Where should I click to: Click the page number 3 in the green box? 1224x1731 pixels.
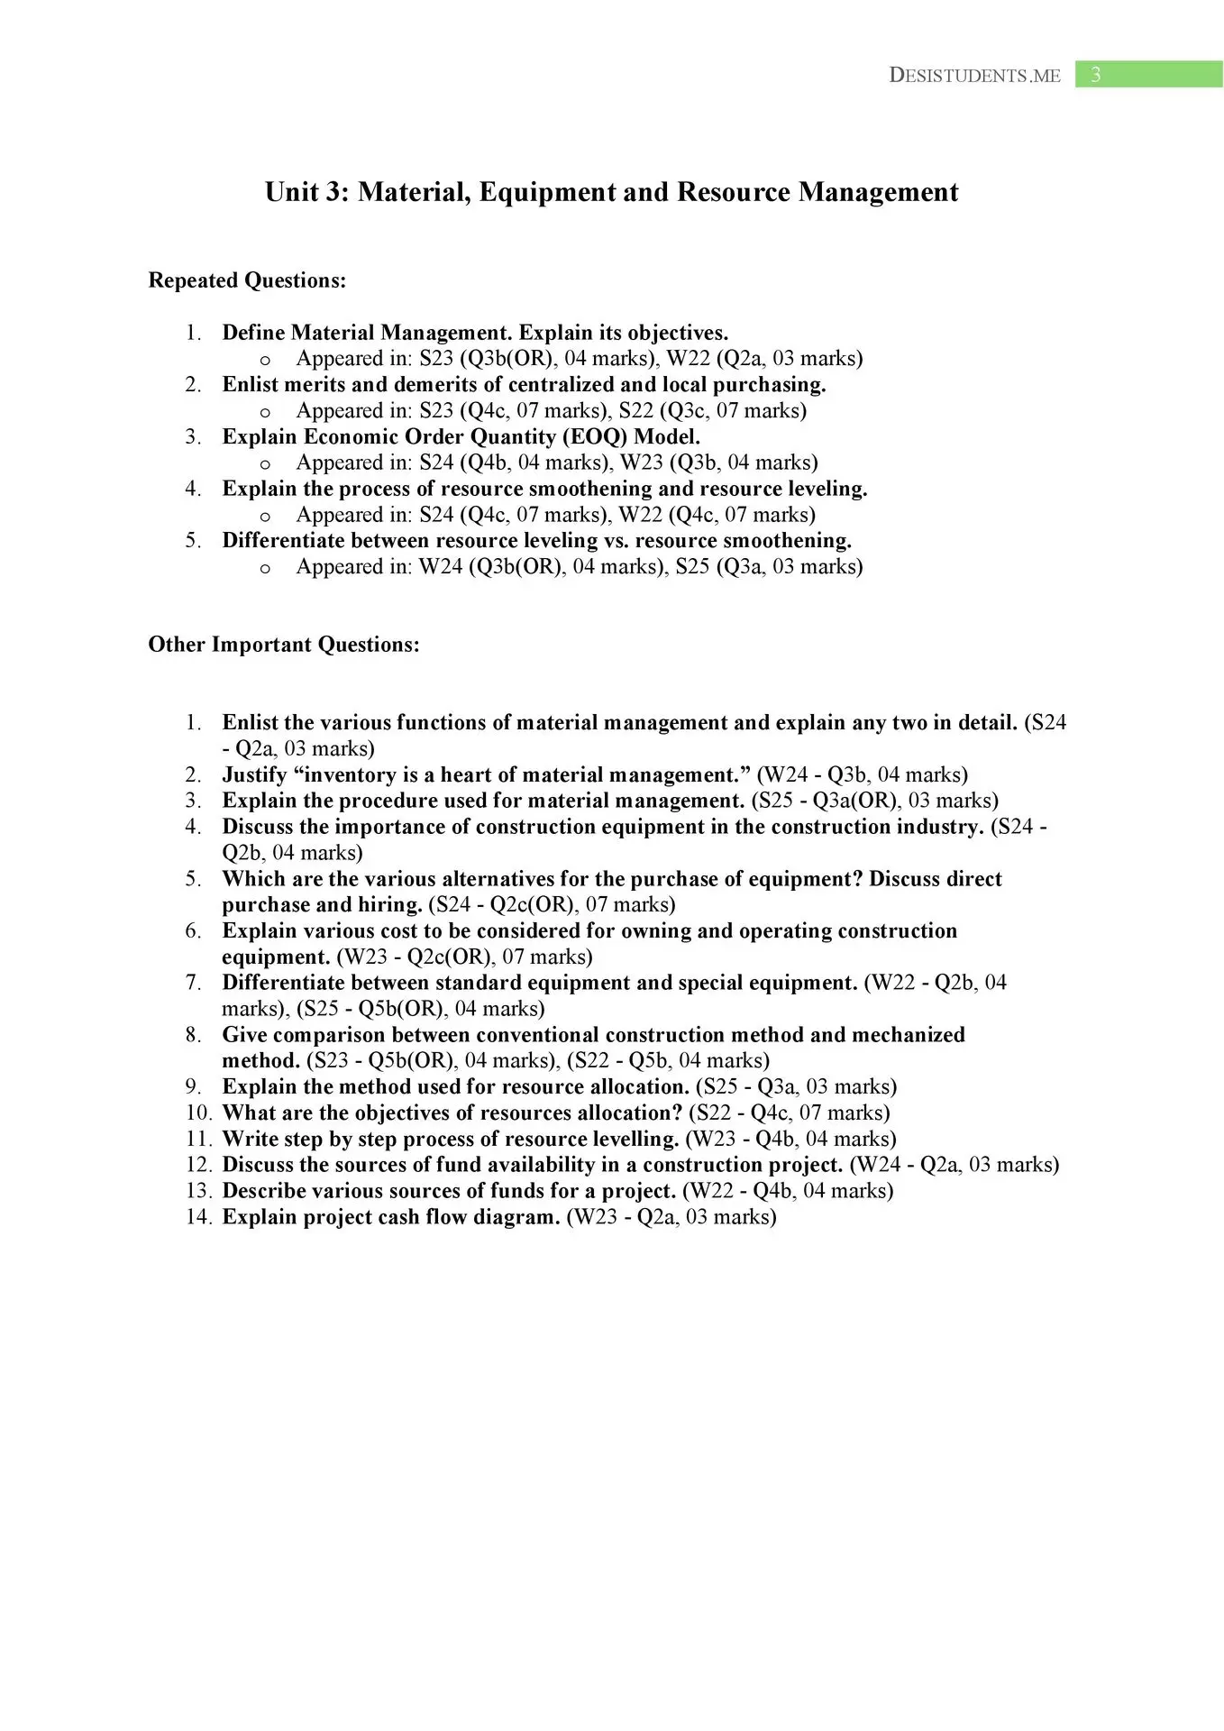coord(1095,75)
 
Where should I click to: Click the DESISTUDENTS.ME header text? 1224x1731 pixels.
coord(974,76)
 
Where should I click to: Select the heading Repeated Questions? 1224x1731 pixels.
coord(247,280)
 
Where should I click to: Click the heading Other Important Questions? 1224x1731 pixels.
coord(284,645)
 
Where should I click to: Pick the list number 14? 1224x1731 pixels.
coord(199,1217)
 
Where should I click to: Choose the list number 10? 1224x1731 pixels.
coord(199,1113)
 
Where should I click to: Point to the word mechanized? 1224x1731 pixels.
coord(908,1035)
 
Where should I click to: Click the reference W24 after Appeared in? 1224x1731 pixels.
coord(441,567)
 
